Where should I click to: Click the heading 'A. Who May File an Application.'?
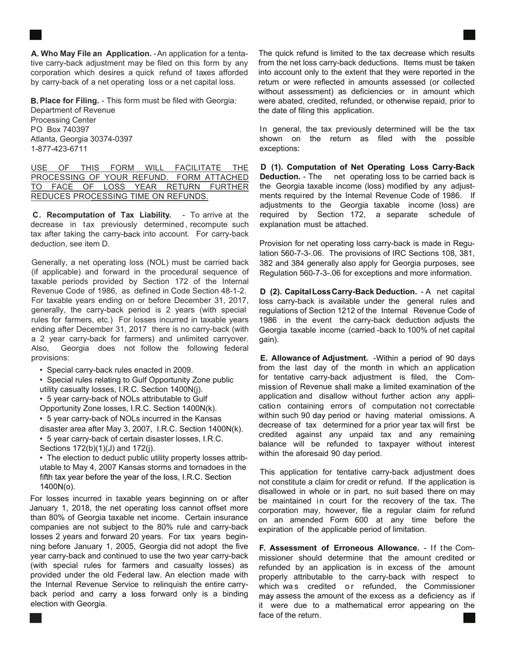click(91, 54)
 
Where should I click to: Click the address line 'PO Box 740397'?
click(60, 129)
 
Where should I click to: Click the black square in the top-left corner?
click(36, 35)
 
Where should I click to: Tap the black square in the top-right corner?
click(469, 35)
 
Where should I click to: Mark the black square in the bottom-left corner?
click(36, 618)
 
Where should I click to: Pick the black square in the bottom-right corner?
click(469, 618)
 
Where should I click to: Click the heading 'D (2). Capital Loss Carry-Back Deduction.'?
click(339, 291)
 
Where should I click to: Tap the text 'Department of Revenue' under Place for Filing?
click(73, 110)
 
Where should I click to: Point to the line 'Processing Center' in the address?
click(62, 119)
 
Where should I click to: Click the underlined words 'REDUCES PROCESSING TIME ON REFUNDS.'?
click(120, 196)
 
